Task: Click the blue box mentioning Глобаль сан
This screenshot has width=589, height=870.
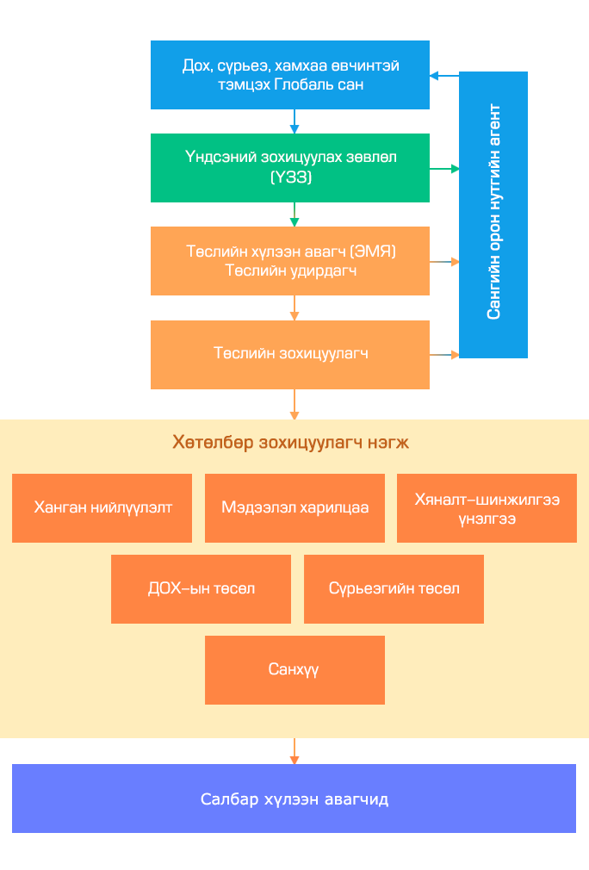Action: tap(290, 75)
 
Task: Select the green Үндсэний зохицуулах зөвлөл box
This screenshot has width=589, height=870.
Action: tap(290, 168)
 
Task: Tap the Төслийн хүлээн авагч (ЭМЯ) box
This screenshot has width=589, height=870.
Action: tap(290, 261)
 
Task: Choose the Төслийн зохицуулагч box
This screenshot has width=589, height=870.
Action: tap(290, 354)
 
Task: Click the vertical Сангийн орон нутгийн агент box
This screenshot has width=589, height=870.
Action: tap(493, 214)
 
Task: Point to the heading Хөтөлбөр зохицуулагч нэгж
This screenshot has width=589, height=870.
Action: tap(290, 443)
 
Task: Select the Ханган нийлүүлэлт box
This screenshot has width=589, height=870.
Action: tap(102, 508)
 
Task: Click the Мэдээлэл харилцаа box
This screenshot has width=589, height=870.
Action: tap(294, 508)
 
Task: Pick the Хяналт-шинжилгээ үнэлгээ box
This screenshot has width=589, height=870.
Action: tap(487, 508)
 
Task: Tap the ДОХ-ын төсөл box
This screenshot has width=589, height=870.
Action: tap(201, 589)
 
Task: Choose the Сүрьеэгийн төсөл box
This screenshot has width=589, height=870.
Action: tap(394, 589)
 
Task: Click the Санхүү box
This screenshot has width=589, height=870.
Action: tap(294, 670)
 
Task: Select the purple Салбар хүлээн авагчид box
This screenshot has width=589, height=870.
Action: tap(294, 799)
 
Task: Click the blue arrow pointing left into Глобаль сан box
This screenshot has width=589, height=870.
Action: tap(444, 76)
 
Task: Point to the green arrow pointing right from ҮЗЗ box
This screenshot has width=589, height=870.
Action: tap(444, 169)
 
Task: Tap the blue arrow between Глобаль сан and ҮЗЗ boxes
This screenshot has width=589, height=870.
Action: tap(294, 121)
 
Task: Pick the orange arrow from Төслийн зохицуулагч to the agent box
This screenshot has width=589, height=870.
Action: tap(444, 354)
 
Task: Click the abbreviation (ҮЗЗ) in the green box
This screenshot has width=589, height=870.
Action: tap(290, 177)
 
